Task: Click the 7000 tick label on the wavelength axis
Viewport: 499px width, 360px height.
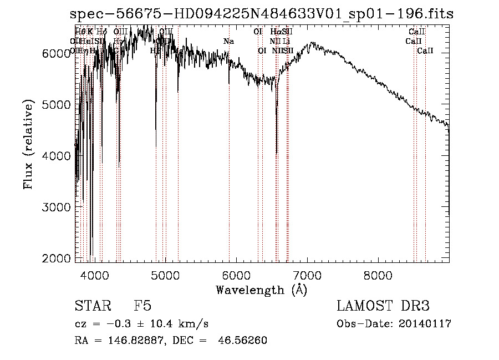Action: coord(307,273)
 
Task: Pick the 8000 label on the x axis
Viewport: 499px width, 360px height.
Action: coord(378,273)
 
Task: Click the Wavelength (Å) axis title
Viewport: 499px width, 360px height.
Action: coord(261,290)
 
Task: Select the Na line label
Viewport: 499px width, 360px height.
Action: coord(228,42)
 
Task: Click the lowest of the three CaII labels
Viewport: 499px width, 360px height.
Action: coord(425,51)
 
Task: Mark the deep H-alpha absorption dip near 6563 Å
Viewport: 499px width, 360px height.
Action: coord(277,153)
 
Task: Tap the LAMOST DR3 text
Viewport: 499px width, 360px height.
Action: coord(383,306)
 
